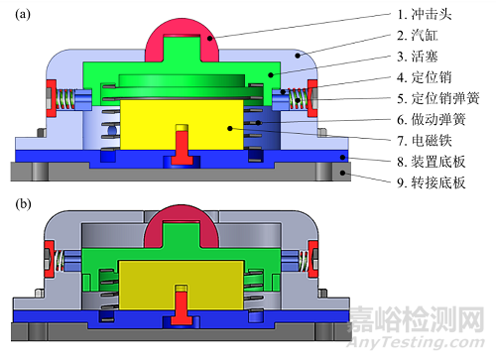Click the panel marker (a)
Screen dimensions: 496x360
point(20,14)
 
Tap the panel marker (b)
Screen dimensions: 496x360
point(20,205)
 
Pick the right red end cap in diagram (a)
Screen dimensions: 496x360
point(310,99)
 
